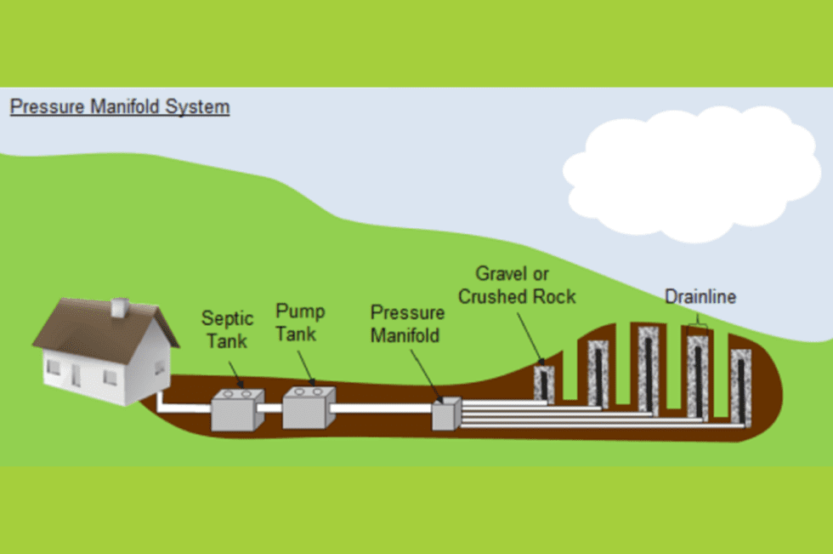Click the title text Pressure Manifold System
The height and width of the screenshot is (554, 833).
[x=119, y=108]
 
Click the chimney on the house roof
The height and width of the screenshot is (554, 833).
[x=120, y=308]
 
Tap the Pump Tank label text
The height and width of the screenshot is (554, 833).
[x=299, y=323]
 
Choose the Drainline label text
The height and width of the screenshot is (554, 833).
[x=700, y=297]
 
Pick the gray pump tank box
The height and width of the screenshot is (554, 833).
[x=309, y=407]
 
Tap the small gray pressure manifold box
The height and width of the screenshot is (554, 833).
[x=445, y=414]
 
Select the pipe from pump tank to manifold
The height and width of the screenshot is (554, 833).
[x=382, y=408]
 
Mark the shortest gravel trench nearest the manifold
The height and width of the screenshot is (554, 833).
[x=543, y=382]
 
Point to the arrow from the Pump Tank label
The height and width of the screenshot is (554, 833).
[x=306, y=365]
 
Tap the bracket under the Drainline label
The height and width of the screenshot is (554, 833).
[x=698, y=325]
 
